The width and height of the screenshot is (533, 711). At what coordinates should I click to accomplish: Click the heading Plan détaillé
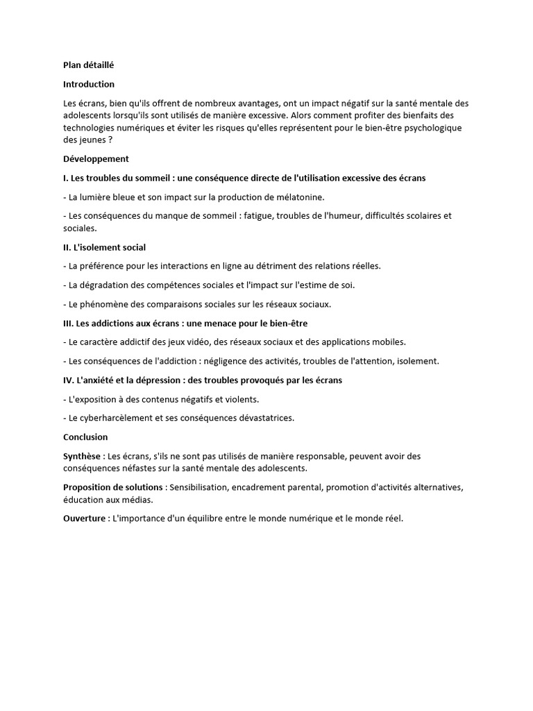(88, 65)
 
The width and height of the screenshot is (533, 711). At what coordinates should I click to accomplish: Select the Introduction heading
(89, 84)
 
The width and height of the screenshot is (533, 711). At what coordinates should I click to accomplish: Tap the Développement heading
(96, 159)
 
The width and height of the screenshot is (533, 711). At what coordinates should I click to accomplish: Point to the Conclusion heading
(85, 437)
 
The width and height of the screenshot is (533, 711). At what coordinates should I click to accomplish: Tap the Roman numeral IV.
(68, 380)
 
